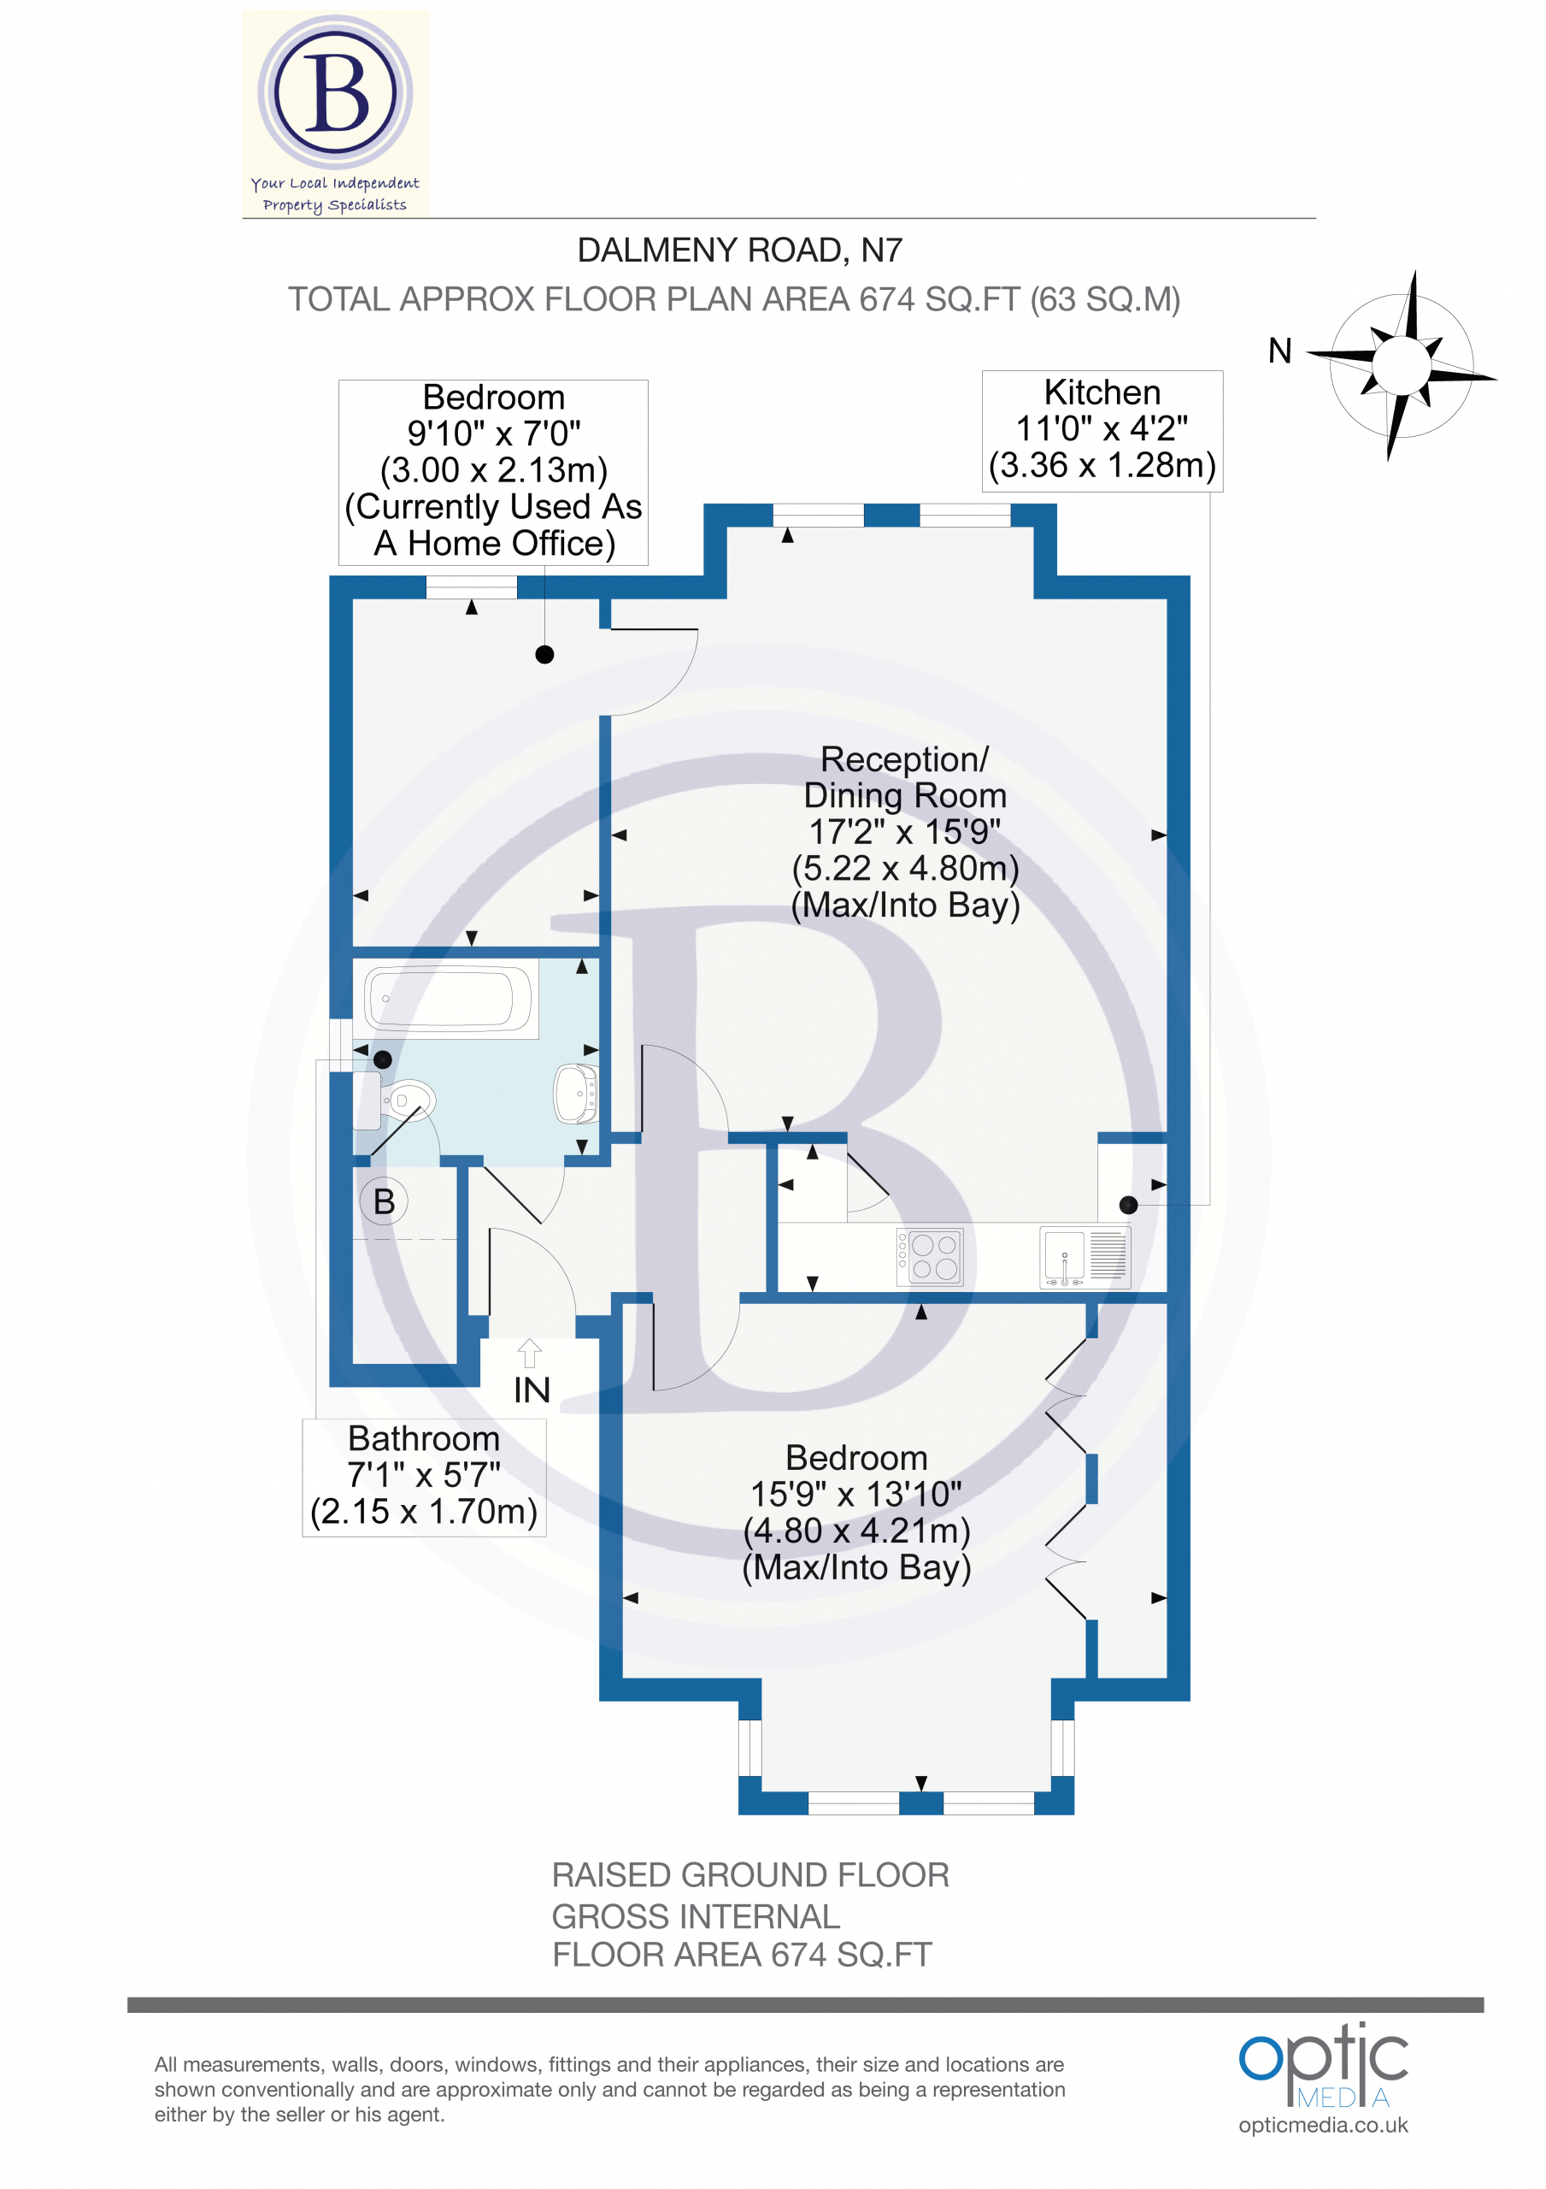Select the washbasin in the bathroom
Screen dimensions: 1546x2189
pyautogui.click(x=577, y=1094)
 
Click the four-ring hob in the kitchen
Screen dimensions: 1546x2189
pyautogui.click(x=931, y=1257)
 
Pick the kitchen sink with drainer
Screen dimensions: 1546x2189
pyautogui.click(x=1085, y=1257)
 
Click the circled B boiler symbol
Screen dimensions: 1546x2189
pyautogui.click(x=384, y=1201)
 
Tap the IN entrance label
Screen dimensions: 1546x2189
pyautogui.click(x=532, y=1390)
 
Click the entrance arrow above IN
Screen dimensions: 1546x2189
pyautogui.click(x=530, y=1354)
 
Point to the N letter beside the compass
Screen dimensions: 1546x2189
pyautogui.click(x=1280, y=351)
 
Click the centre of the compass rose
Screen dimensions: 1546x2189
pyautogui.click(x=1402, y=364)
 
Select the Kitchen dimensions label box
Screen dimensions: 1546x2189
pyautogui.click(x=1102, y=431)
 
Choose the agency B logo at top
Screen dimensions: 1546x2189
pyautogui.click(x=336, y=113)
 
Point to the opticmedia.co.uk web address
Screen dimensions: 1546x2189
pyautogui.click(x=1323, y=2125)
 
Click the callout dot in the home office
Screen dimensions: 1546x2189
pyautogui.click(x=544, y=654)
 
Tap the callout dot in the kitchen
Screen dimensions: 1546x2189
pyautogui.click(x=1129, y=1205)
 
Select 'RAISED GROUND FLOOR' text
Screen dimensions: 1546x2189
pyautogui.click(x=750, y=1875)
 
